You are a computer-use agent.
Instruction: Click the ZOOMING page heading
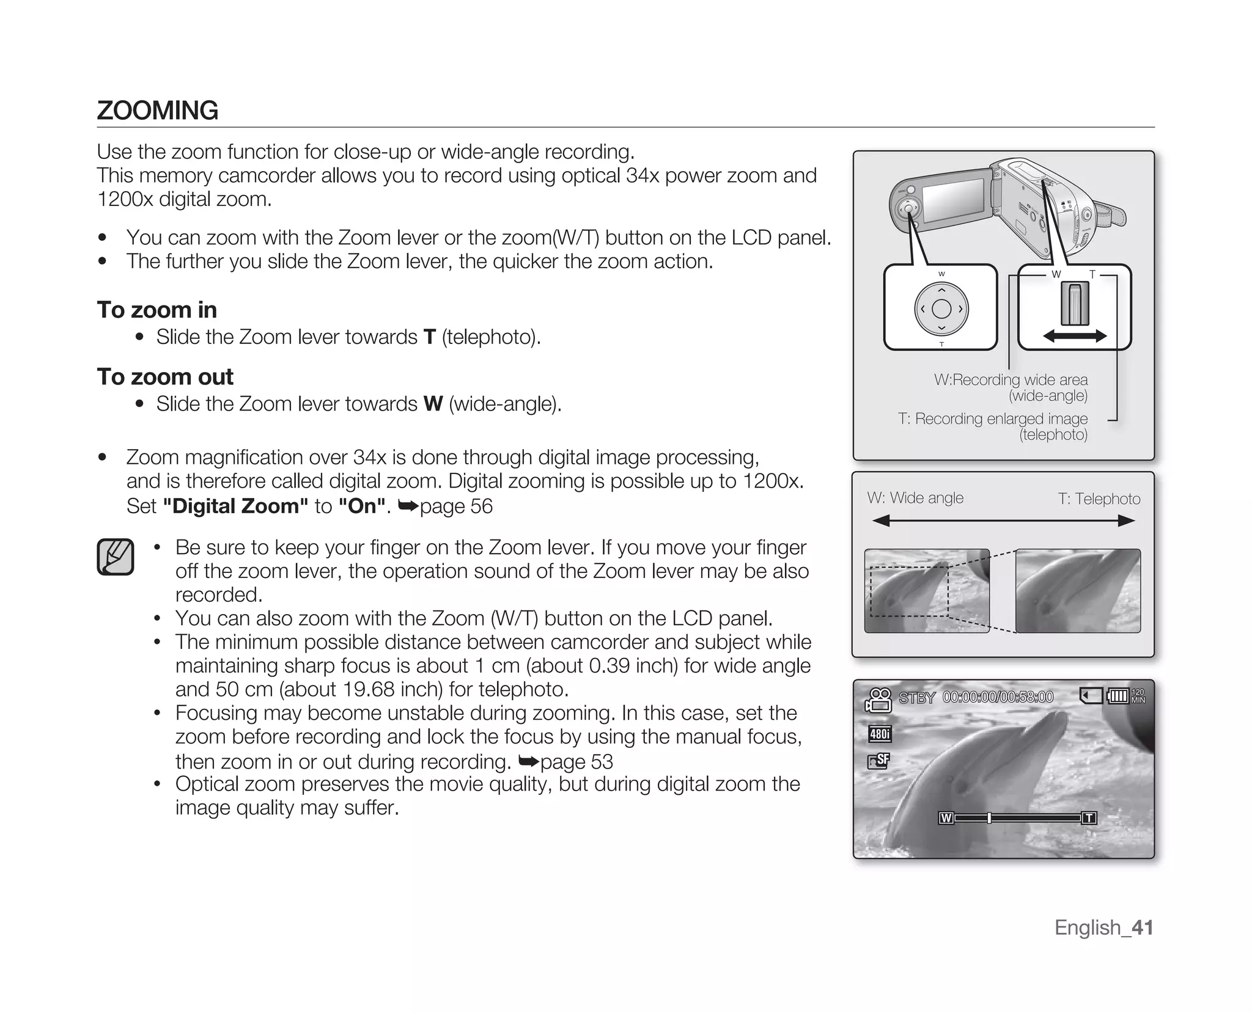coord(157,111)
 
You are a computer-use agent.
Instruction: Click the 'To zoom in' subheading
coord(156,310)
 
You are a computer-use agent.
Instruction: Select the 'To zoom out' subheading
coord(164,377)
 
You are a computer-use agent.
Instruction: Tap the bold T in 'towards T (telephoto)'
coord(429,337)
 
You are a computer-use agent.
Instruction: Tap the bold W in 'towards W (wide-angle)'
coord(433,404)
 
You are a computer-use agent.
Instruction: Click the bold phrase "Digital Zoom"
coord(235,506)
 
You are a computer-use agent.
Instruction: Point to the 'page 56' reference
coord(455,506)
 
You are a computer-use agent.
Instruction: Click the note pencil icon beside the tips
coord(116,557)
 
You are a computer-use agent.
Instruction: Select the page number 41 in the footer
coord(1142,927)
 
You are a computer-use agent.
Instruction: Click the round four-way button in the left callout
coord(941,309)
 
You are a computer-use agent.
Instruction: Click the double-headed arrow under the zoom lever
coord(1075,335)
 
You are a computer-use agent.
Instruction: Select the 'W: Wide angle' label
coord(915,498)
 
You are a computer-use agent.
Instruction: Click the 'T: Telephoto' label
coord(1099,499)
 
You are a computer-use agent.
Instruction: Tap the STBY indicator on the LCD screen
coord(916,698)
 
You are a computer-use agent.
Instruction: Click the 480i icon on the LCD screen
coord(880,734)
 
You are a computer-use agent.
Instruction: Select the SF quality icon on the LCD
coord(879,761)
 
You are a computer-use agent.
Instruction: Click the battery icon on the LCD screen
coord(1118,696)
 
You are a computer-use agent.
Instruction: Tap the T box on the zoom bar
coord(1089,818)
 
